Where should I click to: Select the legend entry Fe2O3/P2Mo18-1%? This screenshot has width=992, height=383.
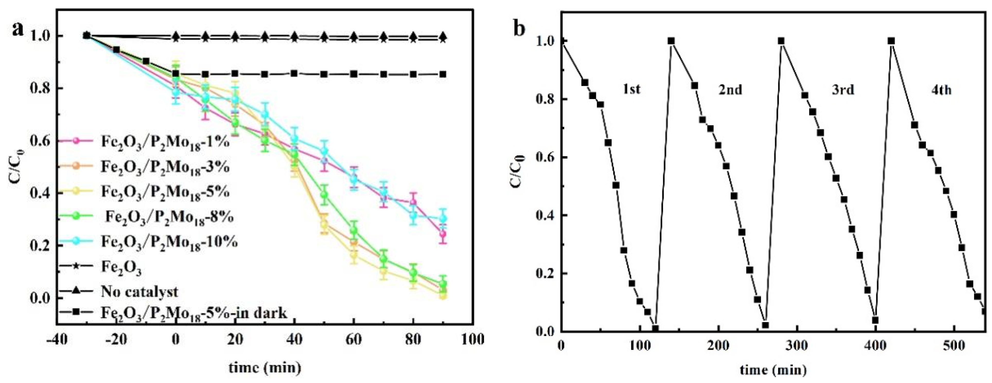pyautogui.click(x=165, y=142)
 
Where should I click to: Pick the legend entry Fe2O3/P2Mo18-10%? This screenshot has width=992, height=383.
pyautogui.click(x=169, y=242)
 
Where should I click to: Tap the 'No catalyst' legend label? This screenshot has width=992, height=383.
pyautogui.click(x=139, y=291)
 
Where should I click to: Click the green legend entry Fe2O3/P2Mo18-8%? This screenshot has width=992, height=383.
pyautogui.click(x=169, y=217)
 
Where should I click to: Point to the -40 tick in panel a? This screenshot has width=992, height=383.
pyautogui.click(x=57, y=340)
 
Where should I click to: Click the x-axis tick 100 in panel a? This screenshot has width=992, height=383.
pyautogui.click(x=472, y=340)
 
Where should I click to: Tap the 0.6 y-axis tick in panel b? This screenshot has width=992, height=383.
pyautogui.click(x=546, y=158)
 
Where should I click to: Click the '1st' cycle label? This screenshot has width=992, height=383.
pyautogui.click(x=631, y=89)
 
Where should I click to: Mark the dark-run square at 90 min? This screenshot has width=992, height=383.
pyautogui.click(x=443, y=74)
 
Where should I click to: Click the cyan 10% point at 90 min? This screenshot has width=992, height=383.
pyautogui.click(x=443, y=218)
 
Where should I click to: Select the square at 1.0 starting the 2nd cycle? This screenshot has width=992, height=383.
pyautogui.click(x=671, y=41)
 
